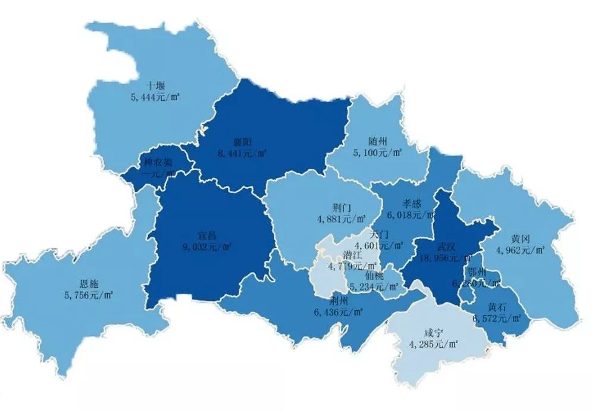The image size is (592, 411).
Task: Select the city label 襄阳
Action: click(243, 143)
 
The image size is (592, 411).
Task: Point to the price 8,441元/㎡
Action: click(243, 154)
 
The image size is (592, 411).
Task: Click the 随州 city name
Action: click(377, 142)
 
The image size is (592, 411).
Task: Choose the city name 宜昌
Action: click(207, 236)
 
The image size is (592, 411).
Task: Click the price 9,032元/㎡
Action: click(207, 247)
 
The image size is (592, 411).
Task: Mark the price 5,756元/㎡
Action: click(89, 294)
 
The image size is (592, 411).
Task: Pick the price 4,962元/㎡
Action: click(521, 250)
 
